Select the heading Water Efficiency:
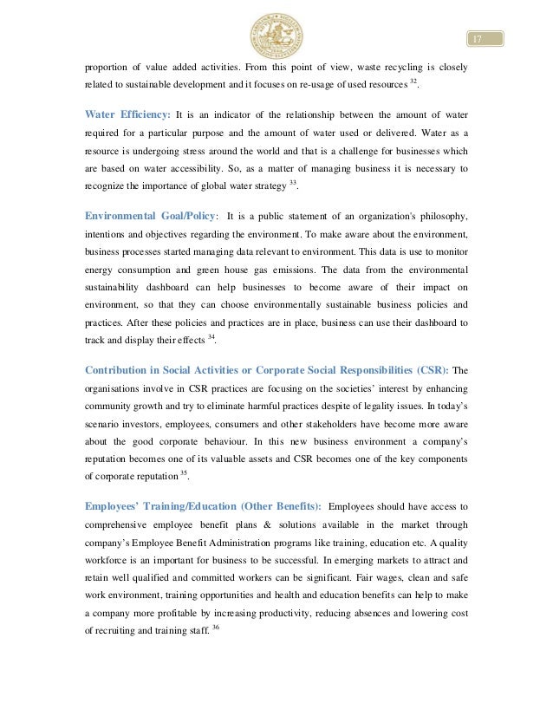pos(127,114)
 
